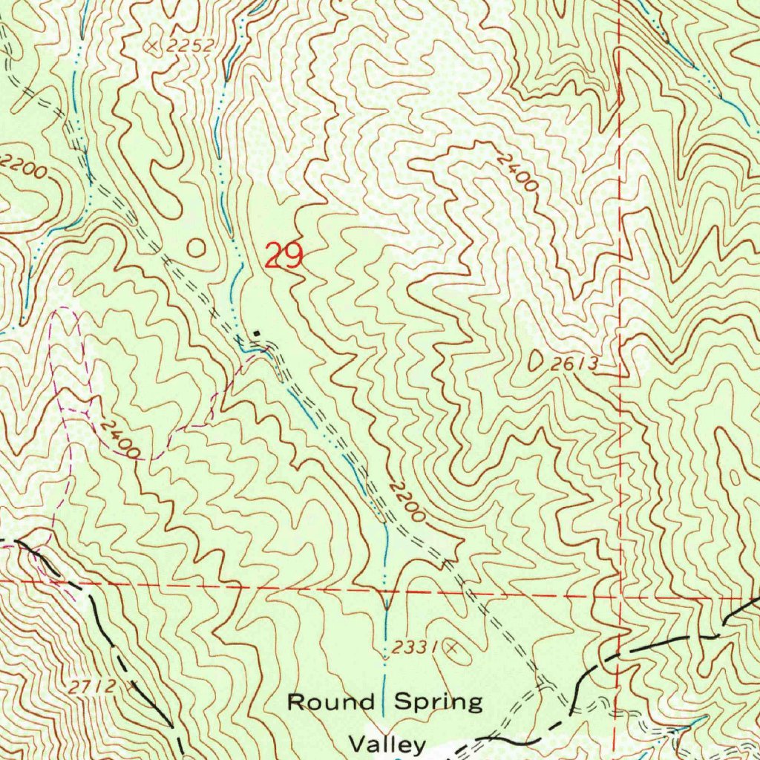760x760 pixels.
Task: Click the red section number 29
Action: point(284,257)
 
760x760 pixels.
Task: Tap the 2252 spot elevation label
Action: point(189,46)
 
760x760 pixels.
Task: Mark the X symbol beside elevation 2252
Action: point(154,46)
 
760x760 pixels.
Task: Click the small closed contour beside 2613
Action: point(536,361)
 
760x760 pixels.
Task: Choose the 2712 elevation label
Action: point(94,687)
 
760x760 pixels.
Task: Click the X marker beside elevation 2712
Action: point(134,687)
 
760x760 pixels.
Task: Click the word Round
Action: point(330,702)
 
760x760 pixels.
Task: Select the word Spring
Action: point(438,702)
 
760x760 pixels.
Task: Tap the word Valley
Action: point(387,743)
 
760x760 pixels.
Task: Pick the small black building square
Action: point(257,333)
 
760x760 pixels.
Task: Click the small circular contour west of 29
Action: point(196,248)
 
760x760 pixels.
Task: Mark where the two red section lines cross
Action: point(620,596)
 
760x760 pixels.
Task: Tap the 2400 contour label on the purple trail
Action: point(120,439)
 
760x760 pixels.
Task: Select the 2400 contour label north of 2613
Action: point(517,172)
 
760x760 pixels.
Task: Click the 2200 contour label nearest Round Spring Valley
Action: point(407,502)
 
